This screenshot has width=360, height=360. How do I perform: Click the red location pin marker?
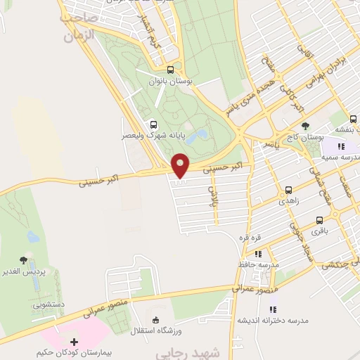pos(181,165)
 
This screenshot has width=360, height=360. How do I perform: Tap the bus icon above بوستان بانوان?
pos(170,70)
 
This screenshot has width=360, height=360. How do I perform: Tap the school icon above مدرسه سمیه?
pos(341,146)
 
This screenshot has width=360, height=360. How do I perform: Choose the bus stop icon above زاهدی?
pos(288,191)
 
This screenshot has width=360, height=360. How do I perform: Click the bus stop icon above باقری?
pos(320,220)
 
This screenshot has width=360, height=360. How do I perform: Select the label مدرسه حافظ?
pos(258,264)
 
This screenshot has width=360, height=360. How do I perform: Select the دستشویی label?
pos(47,305)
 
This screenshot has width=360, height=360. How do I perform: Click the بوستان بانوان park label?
pos(171,81)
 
